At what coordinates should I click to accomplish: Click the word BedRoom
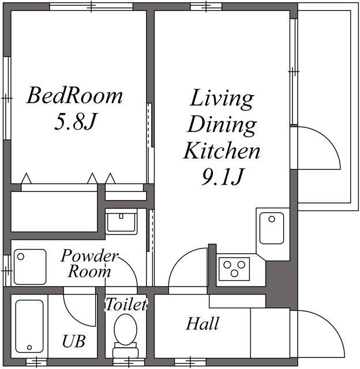(x=74, y=96)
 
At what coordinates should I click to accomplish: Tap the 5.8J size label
(x=75, y=122)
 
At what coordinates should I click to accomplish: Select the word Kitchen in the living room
(x=222, y=150)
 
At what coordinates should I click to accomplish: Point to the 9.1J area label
(x=222, y=176)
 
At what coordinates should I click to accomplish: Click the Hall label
(x=202, y=323)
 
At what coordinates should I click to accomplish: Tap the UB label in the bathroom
(x=74, y=341)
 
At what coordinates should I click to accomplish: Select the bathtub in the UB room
(x=29, y=326)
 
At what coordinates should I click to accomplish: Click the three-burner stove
(x=234, y=269)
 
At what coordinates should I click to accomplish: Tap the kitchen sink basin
(x=272, y=228)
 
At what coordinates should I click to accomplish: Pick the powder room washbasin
(x=121, y=223)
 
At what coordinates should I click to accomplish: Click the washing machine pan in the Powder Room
(x=30, y=266)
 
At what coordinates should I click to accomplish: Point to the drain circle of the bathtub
(x=29, y=347)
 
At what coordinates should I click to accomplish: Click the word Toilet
(x=126, y=304)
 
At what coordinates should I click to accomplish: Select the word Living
(x=222, y=99)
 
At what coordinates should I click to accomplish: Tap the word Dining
(x=222, y=126)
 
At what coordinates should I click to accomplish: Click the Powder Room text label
(x=89, y=263)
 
